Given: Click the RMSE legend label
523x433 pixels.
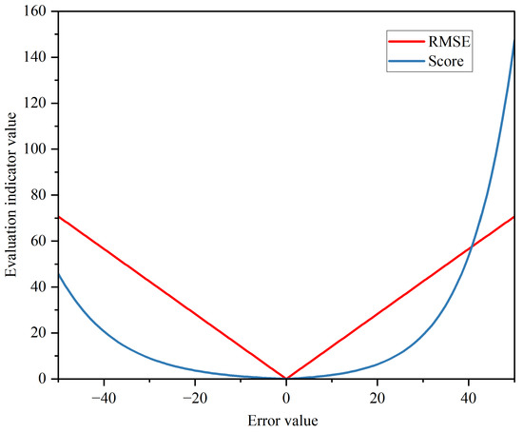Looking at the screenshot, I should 450,41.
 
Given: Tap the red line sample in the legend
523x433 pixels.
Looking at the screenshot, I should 406,41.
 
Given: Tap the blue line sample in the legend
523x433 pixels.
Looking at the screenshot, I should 406,62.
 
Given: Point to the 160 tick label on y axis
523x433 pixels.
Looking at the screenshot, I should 35,11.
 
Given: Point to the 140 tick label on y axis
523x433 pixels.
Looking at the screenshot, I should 35,57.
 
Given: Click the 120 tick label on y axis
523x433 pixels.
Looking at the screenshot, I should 35,103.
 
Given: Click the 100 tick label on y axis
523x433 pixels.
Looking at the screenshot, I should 35,149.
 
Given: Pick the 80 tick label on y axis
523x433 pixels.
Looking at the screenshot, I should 39,195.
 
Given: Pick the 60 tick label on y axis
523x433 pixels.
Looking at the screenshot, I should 39,241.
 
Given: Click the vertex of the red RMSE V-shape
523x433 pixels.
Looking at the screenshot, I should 286,378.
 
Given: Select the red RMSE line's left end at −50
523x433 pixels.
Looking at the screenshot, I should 59,216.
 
